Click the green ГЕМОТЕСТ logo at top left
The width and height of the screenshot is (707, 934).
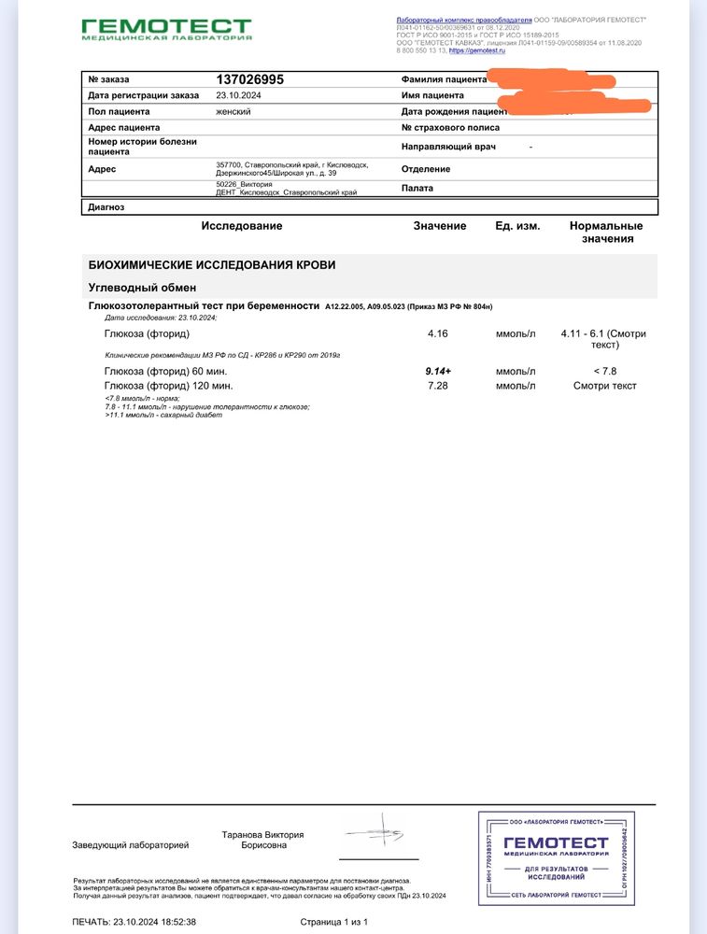click(x=166, y=29)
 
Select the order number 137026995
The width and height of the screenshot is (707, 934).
click(x=249, y=80)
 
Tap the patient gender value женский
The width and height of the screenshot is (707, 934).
click(x=233, y=111)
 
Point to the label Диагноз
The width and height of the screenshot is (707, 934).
click(x=106, y=207)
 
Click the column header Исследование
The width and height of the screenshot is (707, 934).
click(x=241, y=226)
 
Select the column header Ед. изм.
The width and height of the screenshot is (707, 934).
click(x=517, y=226)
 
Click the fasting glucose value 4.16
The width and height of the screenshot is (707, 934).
click(x=438, y=333)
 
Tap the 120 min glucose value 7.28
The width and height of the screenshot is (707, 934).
click(x=438, y=386)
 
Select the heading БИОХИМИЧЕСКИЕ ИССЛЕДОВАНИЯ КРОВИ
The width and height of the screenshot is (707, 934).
click(x=211, y=265)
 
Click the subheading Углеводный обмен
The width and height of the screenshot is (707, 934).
click(x=142, y=287)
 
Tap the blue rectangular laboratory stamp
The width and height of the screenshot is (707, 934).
click(x=557, y=858)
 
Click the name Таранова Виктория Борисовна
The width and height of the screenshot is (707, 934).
click(x=262, y=840)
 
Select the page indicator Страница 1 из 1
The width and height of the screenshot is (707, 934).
click(x=334, y=922)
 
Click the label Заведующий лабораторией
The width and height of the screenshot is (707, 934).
click(x=131, y=845)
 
